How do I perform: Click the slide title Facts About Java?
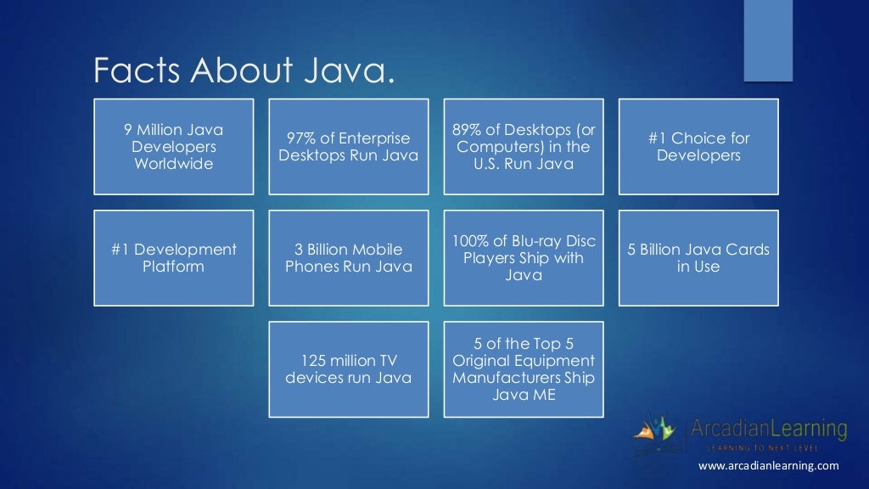click(x=244, y=71)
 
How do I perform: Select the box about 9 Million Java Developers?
click(x=173, y=147)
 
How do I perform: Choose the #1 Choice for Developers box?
click(x=698, y=147)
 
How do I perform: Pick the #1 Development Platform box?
click(x=173, y=258)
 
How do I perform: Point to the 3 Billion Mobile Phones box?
click(x=349, y=258)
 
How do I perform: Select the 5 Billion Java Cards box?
click(x=698, y=258)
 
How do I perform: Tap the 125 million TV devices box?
click(x=349, y=369)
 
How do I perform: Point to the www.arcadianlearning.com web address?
click(x=768, y=465)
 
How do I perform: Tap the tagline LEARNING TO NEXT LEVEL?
click(x=768, y=447)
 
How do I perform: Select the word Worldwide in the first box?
click(x=173, y=164)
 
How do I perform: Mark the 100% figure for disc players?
click(x=468, y=241)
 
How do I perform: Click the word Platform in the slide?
click(x=173, y=267)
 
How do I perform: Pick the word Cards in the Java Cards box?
click(x=743, y=250)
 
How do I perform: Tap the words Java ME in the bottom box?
click(x=524, y=395)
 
